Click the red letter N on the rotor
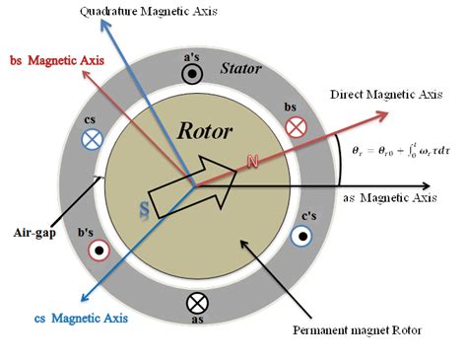(x=253, y=161)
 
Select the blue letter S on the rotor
(x=143, y=210)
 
